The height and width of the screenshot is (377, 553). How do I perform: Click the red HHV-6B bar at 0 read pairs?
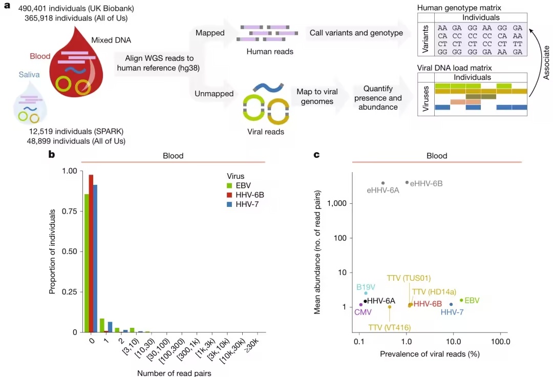91,254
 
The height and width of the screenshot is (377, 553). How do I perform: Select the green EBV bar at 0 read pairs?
87,263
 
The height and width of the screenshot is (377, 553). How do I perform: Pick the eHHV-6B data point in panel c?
407,182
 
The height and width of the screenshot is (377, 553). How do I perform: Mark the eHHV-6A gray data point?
383,183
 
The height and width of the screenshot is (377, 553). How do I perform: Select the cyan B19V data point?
366,293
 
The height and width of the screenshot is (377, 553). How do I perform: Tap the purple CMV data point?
361,305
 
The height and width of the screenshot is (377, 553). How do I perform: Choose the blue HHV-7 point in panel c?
451,304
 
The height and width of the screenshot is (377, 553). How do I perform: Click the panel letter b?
51,154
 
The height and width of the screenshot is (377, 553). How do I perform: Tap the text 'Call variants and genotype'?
356,33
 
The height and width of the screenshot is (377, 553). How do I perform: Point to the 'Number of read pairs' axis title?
174,372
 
